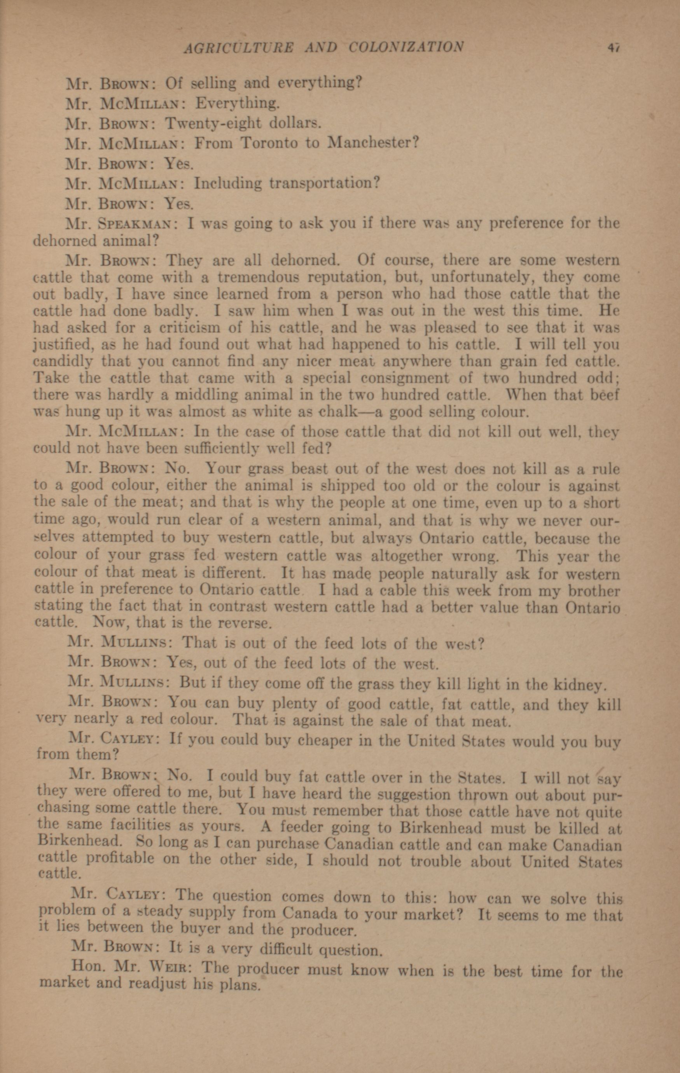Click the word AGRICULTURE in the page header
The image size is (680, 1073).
[x=239, y=47]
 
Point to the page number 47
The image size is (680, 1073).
[x=614, y=47]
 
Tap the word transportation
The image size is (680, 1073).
[x=324, y=183]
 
